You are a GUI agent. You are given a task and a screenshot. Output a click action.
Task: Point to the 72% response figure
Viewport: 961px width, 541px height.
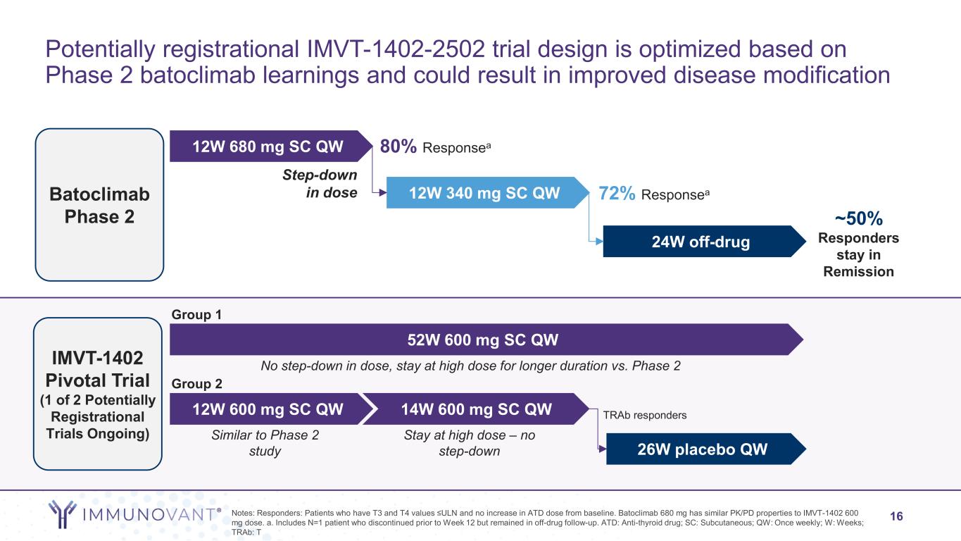pyautogui.click(x=617, y=192)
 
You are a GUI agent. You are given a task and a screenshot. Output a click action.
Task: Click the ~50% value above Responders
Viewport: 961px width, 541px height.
pyautogui.click(x=858, y=217)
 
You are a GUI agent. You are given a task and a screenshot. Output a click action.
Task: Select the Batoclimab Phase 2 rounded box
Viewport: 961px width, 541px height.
pyautogui.click(x=99, y=204)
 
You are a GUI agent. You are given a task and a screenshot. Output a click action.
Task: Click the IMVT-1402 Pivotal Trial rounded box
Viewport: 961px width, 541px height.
pyautogui.click(x=99, y=394)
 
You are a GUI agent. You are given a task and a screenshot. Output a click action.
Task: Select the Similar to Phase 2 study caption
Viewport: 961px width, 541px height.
pyautogui.click(x=265, y=443)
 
